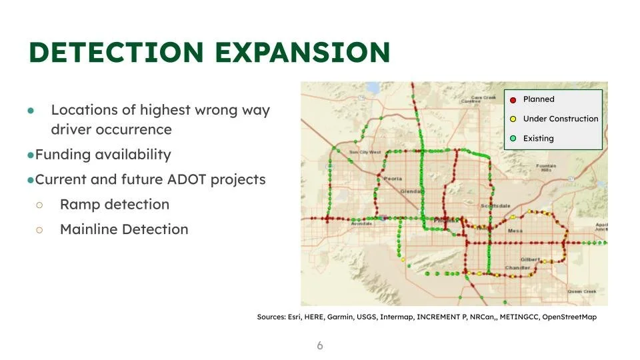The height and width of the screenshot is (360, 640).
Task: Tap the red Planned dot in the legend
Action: [513, 100]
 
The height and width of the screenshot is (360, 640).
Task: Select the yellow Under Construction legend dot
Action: [513, 119]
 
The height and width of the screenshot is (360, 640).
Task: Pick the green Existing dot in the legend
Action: [513, 139]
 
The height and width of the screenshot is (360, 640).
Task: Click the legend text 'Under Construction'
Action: [561, 119]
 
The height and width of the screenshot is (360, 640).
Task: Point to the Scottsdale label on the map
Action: [495, 206]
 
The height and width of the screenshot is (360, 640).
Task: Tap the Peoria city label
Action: [393, 179]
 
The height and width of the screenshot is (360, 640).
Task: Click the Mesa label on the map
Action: [515, 231]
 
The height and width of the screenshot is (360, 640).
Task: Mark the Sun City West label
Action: [365, 152]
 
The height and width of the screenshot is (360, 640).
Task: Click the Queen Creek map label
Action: [581, 291]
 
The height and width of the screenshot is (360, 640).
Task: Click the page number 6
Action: [320, 345]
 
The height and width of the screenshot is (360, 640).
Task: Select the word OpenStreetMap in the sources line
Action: [569, 317]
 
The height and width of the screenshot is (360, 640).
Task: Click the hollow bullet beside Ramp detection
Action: [39, 205]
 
